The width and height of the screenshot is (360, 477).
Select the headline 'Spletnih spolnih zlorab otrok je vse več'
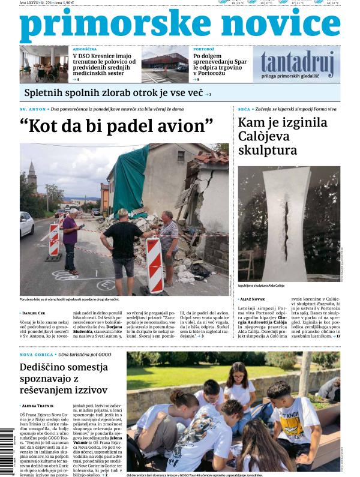(113, 93)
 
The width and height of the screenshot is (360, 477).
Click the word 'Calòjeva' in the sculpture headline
(268, 137)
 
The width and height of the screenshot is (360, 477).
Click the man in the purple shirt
(70, 234)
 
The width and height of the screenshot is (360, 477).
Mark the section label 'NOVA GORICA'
(35, 355)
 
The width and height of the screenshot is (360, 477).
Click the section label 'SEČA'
(244, 109)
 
